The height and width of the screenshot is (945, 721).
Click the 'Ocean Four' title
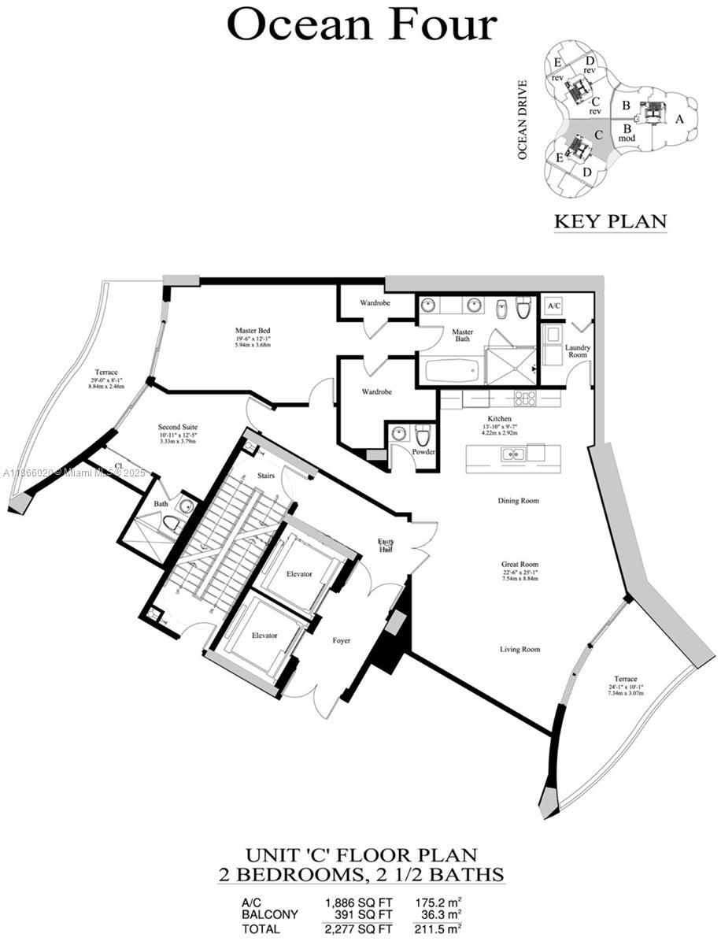[361, 25]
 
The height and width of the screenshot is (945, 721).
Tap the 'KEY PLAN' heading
[610, 221]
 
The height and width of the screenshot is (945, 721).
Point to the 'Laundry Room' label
[577, 350]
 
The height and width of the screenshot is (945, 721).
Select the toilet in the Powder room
[423, 436]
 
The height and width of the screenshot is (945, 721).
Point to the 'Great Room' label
[519, 565]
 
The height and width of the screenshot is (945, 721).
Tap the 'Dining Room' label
[519, 501]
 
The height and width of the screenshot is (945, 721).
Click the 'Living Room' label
[519, 649]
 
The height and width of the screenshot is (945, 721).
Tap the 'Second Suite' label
[178, 427]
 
